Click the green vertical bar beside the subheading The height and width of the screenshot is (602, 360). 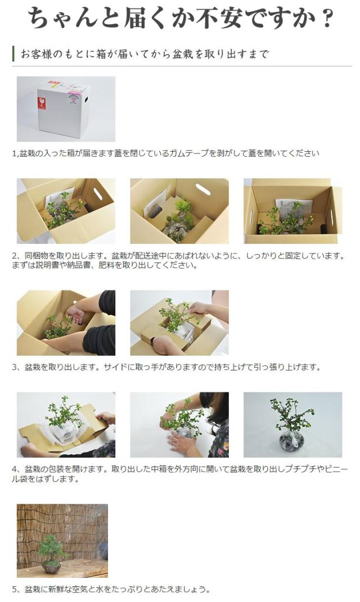[13, 54]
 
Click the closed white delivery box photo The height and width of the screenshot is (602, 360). [66, 109]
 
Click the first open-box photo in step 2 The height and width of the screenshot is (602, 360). [66, 211]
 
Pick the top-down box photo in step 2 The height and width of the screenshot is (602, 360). [292, 211]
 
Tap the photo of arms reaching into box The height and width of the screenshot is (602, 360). [66, 323]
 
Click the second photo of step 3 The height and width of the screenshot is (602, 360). [179, 323]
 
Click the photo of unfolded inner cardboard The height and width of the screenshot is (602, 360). [66, 424]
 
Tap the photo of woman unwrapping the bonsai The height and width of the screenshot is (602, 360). [179, 424]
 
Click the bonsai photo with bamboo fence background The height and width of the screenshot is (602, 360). [62, 540]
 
